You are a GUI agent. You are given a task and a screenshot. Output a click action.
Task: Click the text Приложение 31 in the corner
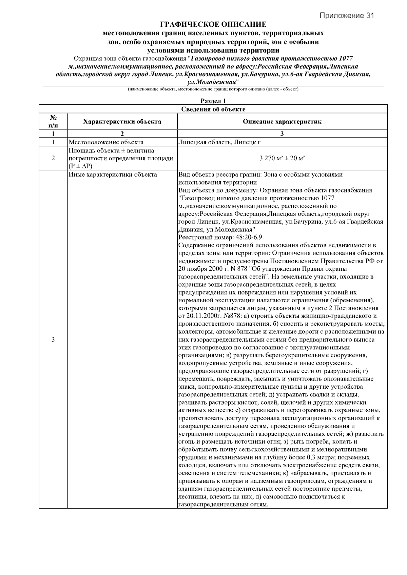(x=347, y=16)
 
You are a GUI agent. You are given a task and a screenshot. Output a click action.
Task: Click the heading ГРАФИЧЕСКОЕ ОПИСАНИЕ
(x=213, y=25)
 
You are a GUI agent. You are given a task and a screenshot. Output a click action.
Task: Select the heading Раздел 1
(x=213, y=101)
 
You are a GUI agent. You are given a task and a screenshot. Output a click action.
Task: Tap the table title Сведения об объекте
(x=213, y=109)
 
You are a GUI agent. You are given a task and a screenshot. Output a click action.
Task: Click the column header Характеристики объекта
(x=122, y=121)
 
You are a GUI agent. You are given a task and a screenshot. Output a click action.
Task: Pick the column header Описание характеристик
(x=282, y=121)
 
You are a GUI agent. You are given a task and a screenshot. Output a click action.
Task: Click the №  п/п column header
(x=53, y=121)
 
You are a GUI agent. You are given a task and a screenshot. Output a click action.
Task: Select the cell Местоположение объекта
(x=106, y=142)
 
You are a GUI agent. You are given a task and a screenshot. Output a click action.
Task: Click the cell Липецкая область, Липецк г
(x=219, y=142)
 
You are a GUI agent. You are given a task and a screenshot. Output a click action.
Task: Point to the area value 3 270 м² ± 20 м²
(x=282, y=158)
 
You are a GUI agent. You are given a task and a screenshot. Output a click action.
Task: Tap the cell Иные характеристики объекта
(x=113, y=175)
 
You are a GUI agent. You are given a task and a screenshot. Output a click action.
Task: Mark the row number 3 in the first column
(x=53, y=340)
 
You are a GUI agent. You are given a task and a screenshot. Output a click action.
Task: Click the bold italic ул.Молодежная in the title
(x=212, y=82)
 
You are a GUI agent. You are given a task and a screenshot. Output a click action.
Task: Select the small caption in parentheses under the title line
(x=213, y=89)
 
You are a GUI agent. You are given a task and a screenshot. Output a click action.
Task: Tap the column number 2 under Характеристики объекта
(x=122, y=134)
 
